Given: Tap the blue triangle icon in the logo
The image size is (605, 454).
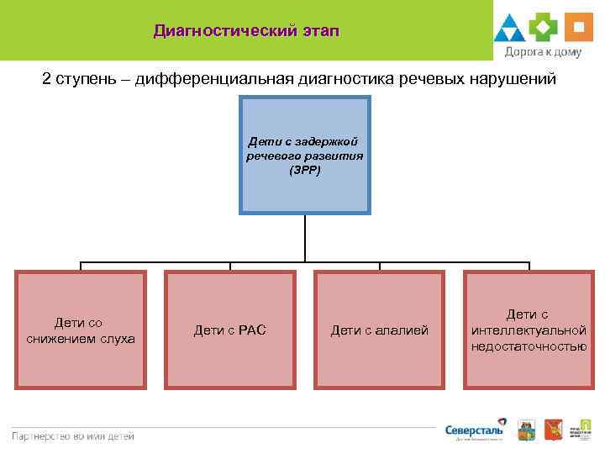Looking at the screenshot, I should tap(509, 29).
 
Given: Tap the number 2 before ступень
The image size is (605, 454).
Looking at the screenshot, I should tap(47, 79).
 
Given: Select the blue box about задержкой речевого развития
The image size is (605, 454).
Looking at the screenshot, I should tap(305, 155).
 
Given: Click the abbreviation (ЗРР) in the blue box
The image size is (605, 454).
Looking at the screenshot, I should tap(305, 170).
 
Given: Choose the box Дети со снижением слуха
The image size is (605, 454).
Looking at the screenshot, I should tap(81, 330).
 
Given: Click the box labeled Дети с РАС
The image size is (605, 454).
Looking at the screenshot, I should tap(229, 330).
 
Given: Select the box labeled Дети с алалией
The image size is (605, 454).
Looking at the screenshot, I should tap(379, 330).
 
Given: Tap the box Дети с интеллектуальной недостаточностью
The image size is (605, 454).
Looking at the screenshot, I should tap(529, 330).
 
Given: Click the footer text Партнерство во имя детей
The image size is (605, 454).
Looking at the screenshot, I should tap(72, 436).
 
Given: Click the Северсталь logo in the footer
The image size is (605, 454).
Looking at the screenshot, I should tap(476, 429).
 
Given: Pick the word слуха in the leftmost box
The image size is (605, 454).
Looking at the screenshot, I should tap(117, 338).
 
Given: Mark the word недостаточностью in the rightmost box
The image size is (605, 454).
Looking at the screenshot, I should tap(529, 346).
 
